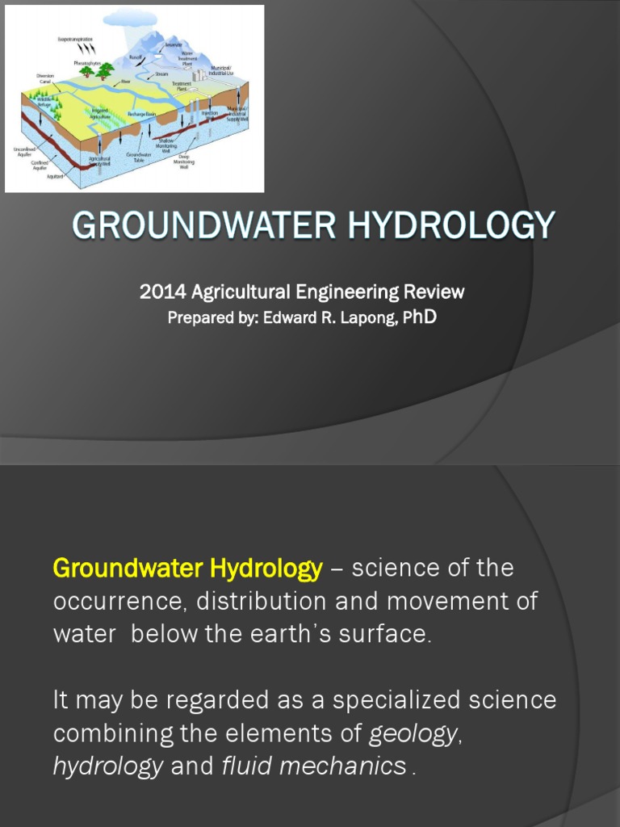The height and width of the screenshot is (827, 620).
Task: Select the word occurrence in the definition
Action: pyautogui.click(x=122, y=602)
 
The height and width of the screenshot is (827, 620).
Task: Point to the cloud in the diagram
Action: pyautogui.click(x=129, y=18)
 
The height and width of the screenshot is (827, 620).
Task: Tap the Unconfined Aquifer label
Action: pyautogui.click(x=23, y=152)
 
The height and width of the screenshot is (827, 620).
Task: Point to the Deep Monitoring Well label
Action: pyautogui.click(x=184, y=164)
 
